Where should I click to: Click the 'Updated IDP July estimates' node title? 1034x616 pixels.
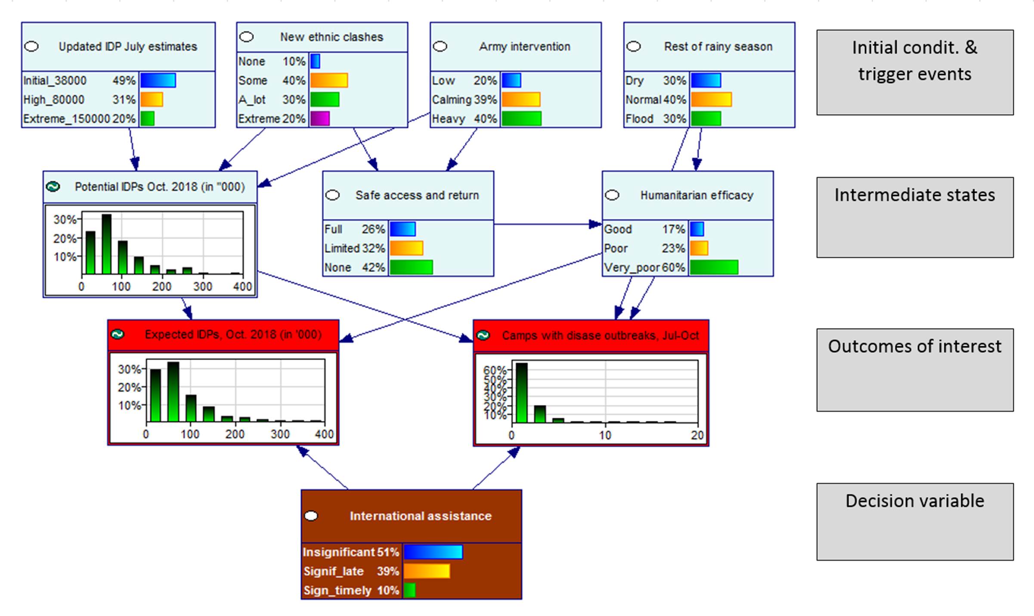coord(127,47)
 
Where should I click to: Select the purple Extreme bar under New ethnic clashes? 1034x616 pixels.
coord(319,118)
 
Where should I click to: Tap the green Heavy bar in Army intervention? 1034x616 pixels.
coord(521,118)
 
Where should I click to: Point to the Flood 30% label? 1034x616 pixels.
coord(655,118)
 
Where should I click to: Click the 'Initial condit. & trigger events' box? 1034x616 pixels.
coord(915,72)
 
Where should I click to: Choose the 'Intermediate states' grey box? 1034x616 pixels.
coord(915,217)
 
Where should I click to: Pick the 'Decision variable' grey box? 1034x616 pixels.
coord(915,521)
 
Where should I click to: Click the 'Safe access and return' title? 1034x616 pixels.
coord(417,195)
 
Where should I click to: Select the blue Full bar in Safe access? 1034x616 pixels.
coord(402,229)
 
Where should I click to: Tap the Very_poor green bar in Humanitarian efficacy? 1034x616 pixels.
coord(714,267)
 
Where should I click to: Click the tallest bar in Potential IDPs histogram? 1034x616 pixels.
coord(106,244)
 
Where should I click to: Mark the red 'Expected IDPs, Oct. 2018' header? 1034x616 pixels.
coord(232,335)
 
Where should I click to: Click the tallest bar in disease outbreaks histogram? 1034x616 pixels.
coord(521,392)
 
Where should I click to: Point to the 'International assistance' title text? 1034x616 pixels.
coord(420,516)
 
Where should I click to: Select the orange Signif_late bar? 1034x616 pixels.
coord(427,571)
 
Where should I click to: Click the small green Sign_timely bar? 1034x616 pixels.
coord(409,590)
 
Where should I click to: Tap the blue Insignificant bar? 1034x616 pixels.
coord(433,552)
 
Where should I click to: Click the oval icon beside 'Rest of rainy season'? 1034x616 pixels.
coord(633,47)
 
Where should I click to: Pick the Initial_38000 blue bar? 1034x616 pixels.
coord(158,81)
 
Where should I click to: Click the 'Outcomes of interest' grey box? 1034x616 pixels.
coord(915,370)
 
